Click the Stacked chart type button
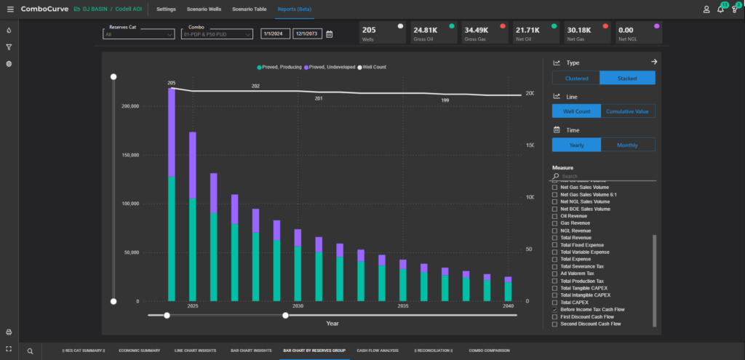[x=627, y=78]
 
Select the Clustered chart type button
[x=575, y=78]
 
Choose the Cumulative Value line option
[x=628, y=111]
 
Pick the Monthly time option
[x=628, y=145]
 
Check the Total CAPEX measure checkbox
[x=554, y=302]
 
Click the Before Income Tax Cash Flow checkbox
[x=554, y=309]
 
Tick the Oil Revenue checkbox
[x=554, y=216]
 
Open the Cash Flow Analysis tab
[x=377, y=351]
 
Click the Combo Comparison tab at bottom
[x=489, y=351]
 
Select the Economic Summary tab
[x=140, y=351]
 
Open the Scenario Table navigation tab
[x=249, y=9]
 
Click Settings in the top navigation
[x=166, y=9]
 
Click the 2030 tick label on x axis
[x=298, y=307]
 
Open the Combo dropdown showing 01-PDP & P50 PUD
[x=216, y=33]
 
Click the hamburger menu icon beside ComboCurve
[x=10, y=9]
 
